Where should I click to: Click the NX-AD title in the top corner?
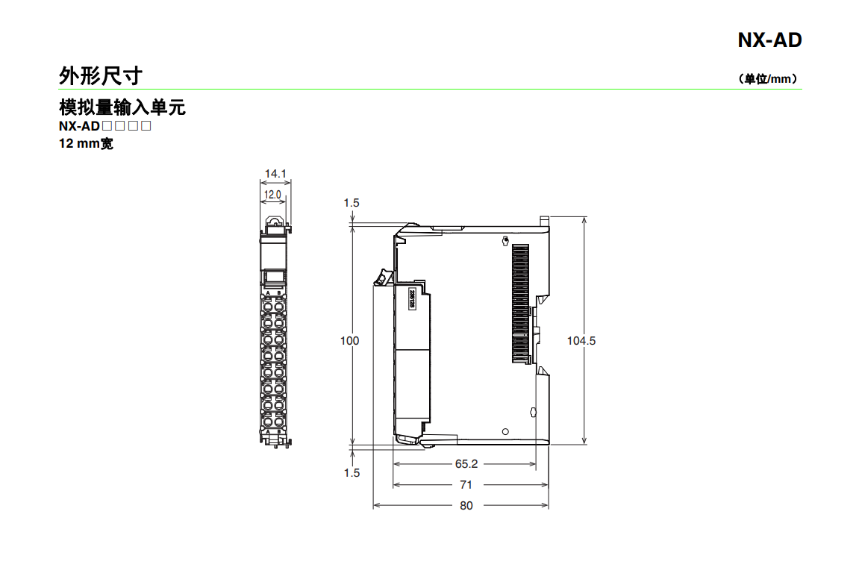point(769,40)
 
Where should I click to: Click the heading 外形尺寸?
point(100,75)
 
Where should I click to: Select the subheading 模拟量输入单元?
point(122,107)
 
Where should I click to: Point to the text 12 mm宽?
point(86,143)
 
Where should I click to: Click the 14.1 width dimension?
point(275,174)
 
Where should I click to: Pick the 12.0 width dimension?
point(272,195)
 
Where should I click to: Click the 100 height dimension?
point(349,341)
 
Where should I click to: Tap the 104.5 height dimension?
point(581,341)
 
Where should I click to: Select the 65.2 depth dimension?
point(466,463)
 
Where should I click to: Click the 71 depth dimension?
point(466,484)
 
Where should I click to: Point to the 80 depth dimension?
point(466,505)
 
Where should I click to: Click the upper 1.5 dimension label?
point(352,202)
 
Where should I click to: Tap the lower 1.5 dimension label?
point(352,472)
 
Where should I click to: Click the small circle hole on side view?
point(505,432)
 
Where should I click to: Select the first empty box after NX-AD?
point(107,126)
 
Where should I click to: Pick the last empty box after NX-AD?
point(146,126)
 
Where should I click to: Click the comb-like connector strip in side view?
point(520,302)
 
